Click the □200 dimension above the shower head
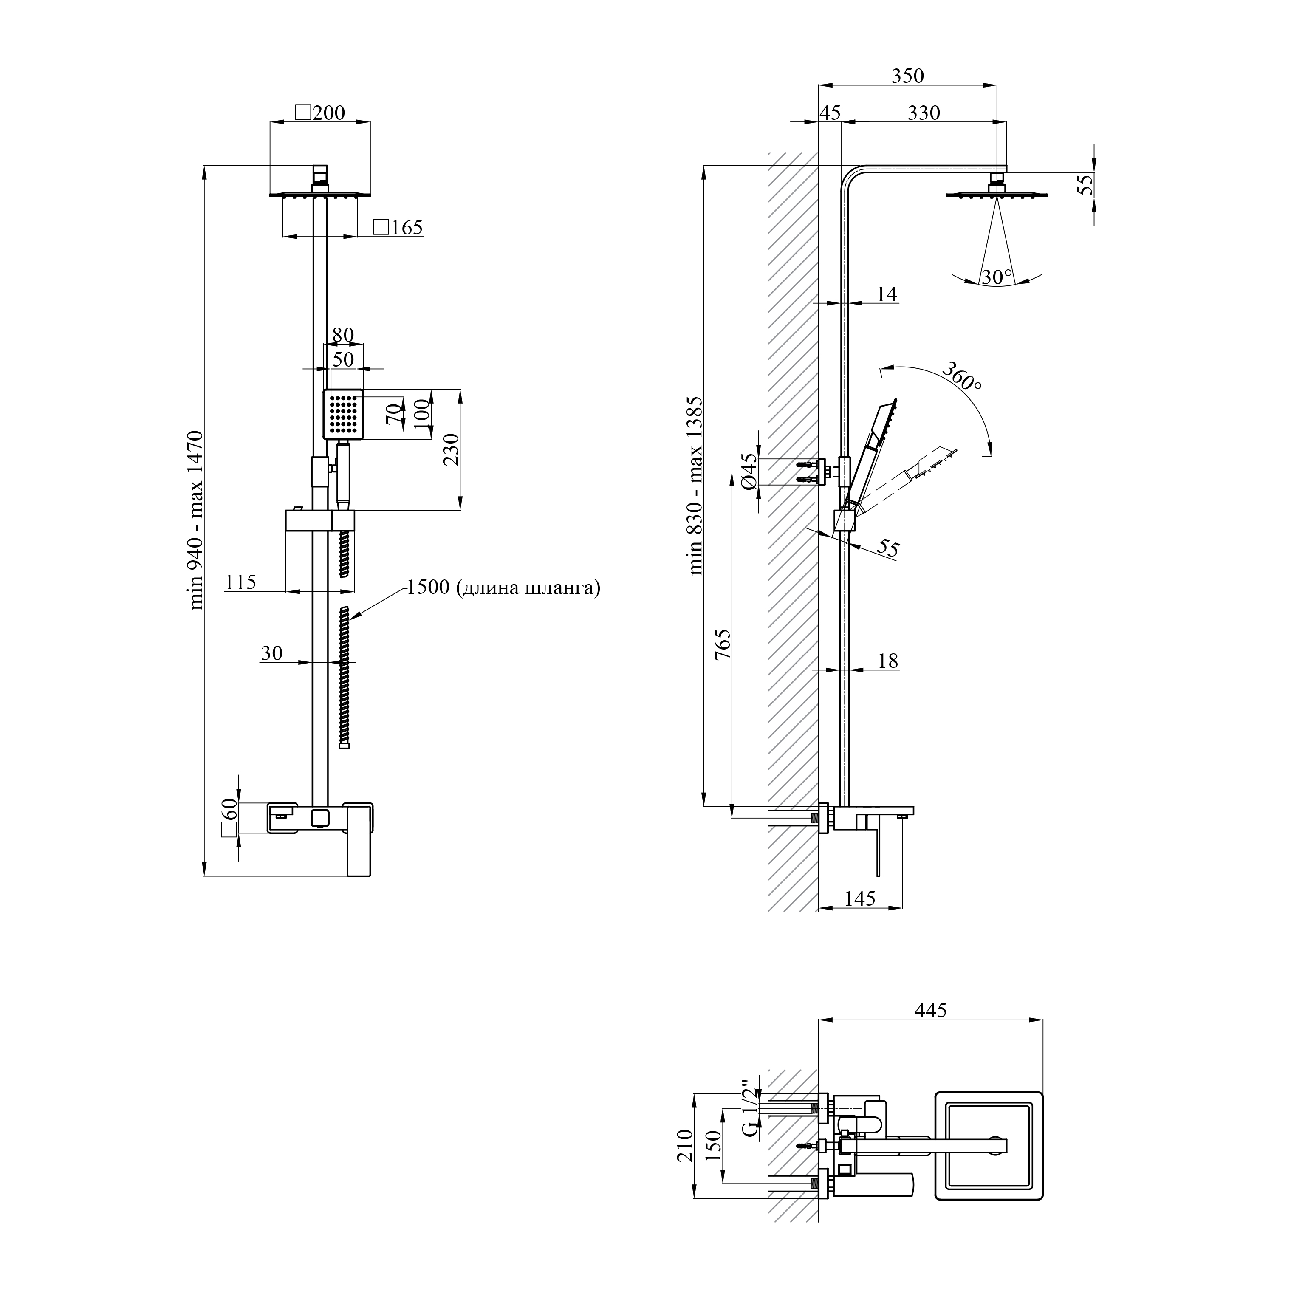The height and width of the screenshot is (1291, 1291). pyautogui.click(x=320, y=112)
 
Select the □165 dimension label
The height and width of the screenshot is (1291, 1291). pyautogui.click(x=398, y=227)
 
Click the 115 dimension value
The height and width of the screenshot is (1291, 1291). pyautogui.click(x=240, y=582)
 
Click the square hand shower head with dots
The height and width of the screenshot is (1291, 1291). pyautogui.click(x=344, y=414)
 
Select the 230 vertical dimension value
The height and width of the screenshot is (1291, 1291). pyautogui.click(x=451, y=450)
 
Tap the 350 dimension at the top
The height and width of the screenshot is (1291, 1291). pyautogui.click(x=907, y=76)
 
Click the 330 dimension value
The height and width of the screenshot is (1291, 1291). pyautogui.click(x=924, y=112)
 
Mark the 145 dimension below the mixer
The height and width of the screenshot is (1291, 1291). pyautogui.click(x=859, y=899)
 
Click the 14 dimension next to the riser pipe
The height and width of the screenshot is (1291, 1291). pyautogui.click(x=886, y=294)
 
